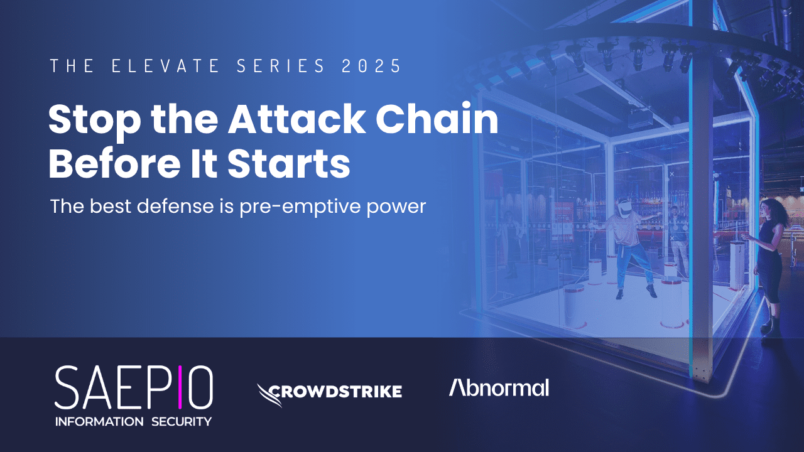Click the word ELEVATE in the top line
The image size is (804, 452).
tap(165, 67)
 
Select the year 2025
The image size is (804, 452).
tap(371, 67)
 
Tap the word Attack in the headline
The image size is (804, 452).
tap(296, 119)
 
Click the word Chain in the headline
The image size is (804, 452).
tap(437, 119)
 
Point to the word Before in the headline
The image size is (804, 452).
tap(114, 164)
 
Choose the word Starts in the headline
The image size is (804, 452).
tap(288, 164)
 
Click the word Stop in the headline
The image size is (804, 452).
tap(95, 122)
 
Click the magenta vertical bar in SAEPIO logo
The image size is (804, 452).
tap(180, 387)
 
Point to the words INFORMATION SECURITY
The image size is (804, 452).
tap(133, 421)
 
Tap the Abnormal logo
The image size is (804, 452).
tap(499, 388)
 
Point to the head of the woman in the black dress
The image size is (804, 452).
tap(769, 210)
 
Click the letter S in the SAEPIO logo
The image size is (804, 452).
tap(67, 387)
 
